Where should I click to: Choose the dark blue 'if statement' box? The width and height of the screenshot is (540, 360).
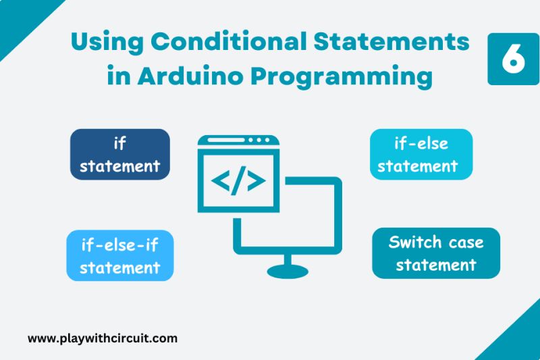[x=119, y=154]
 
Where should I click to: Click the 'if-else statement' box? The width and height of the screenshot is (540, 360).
[x=421, y=154]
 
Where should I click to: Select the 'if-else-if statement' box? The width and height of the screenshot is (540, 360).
[x=119, y=255]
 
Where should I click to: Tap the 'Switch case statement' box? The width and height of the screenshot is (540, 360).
[x=436, y=253]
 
